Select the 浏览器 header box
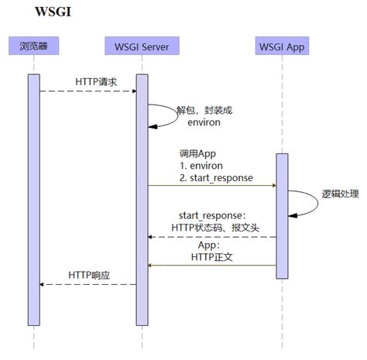33,46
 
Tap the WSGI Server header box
142,46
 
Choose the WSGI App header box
282,46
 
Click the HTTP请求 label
95,81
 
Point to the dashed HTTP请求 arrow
87,91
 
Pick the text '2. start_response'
215,177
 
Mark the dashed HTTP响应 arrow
87,284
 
